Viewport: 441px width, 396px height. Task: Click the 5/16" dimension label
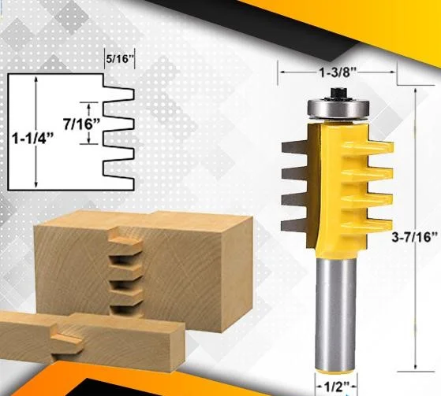pos(119,59)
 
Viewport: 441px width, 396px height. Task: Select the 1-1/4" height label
pos(32,139)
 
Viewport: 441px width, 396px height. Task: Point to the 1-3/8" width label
pos(337,72)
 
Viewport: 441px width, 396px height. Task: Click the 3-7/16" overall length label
pos(414,237)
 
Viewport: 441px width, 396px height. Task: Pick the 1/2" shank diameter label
pos(337,387)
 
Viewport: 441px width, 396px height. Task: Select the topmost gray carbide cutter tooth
pos(294,147)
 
